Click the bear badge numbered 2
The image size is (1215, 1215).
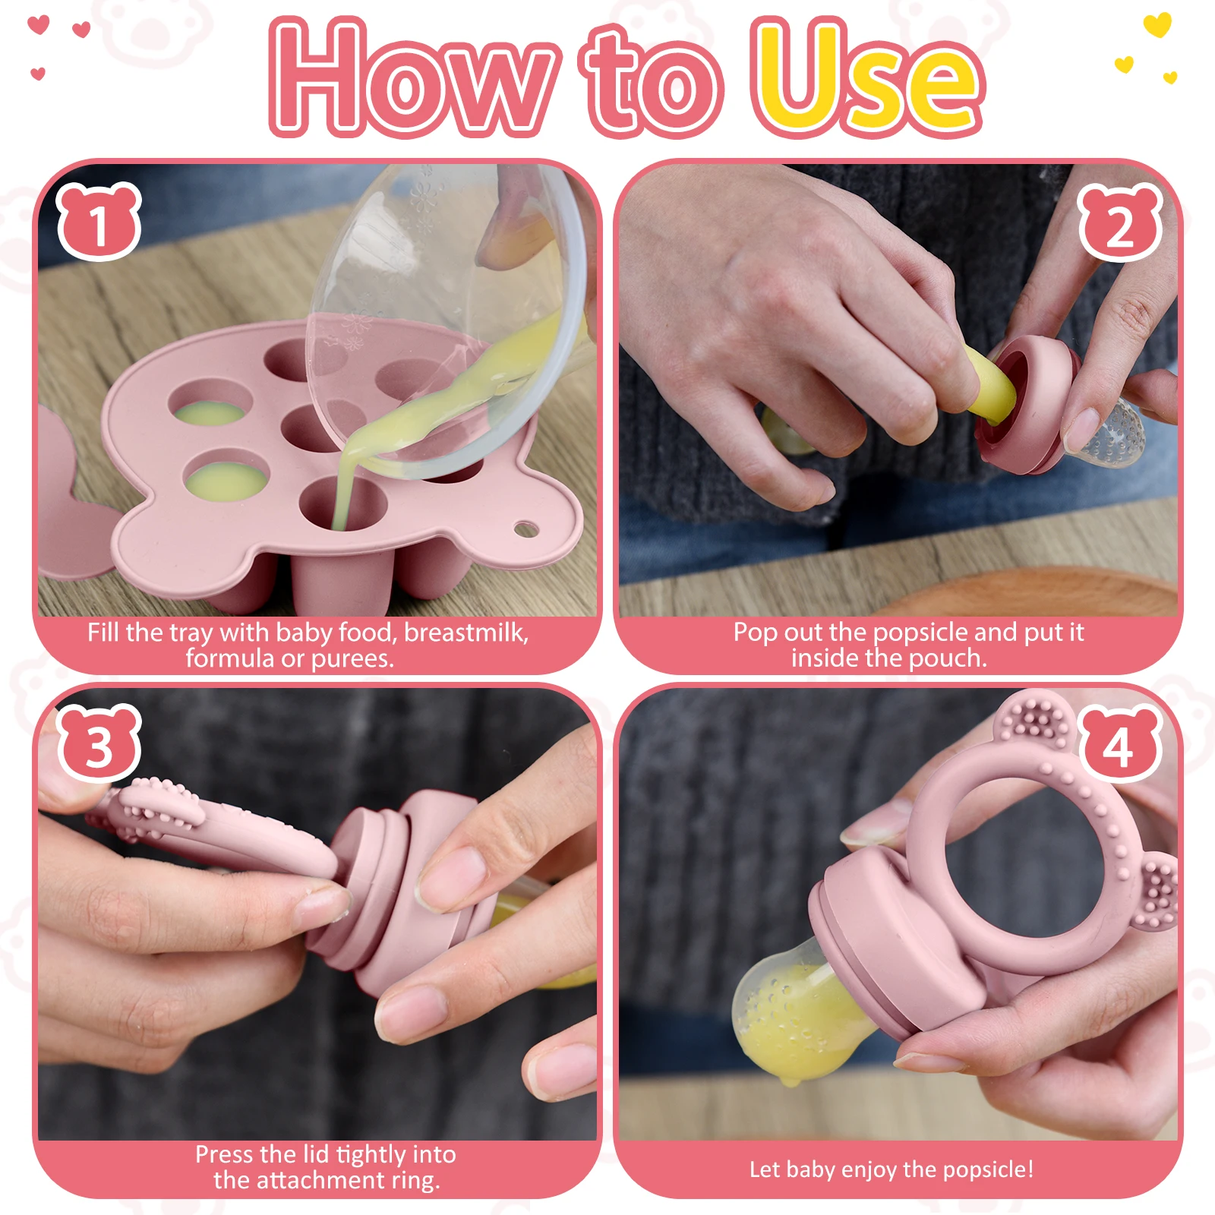pyautogui.click(x=1120, y=222)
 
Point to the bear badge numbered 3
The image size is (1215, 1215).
pyautogui.click(x=99, y=743)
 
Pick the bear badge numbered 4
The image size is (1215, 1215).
pyautogui.click(x=1120, y=743)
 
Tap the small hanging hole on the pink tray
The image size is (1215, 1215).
pyautogui.click(x=525, y=529)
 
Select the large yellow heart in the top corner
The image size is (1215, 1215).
pyautogui.click(x=1157, y=24)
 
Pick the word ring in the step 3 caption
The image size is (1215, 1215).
pyautogui.click(x=415, y=1181)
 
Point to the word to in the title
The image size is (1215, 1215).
pyautogui.click(x=652, y=84)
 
